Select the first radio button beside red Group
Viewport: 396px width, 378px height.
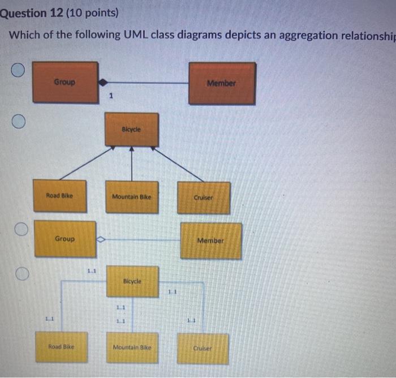[x=19, y=70]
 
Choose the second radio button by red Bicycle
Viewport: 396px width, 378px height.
[x=19, y=122]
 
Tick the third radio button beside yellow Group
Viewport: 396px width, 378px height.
[x=21, y=229]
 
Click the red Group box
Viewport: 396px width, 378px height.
[x=65, y=82]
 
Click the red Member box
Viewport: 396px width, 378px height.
[x=221, y=83]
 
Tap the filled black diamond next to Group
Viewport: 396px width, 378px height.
[x=103, y=82]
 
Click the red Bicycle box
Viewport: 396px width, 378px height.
[x=132, y=129]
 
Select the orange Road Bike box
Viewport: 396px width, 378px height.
[x=59, y=196]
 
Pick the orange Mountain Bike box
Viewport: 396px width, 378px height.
[x=132, y=196]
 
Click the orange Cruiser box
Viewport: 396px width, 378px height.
[x=204, y=197]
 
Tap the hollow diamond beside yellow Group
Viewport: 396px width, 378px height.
[x=101, y=239]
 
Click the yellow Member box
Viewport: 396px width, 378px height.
[x=210, y=240]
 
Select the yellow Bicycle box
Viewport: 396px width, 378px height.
[x=132, y=281]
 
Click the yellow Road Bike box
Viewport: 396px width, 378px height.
[x=61, y=346]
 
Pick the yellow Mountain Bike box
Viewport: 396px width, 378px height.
[x=132, y=347]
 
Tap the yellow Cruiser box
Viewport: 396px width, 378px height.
[x=203, y=348]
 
